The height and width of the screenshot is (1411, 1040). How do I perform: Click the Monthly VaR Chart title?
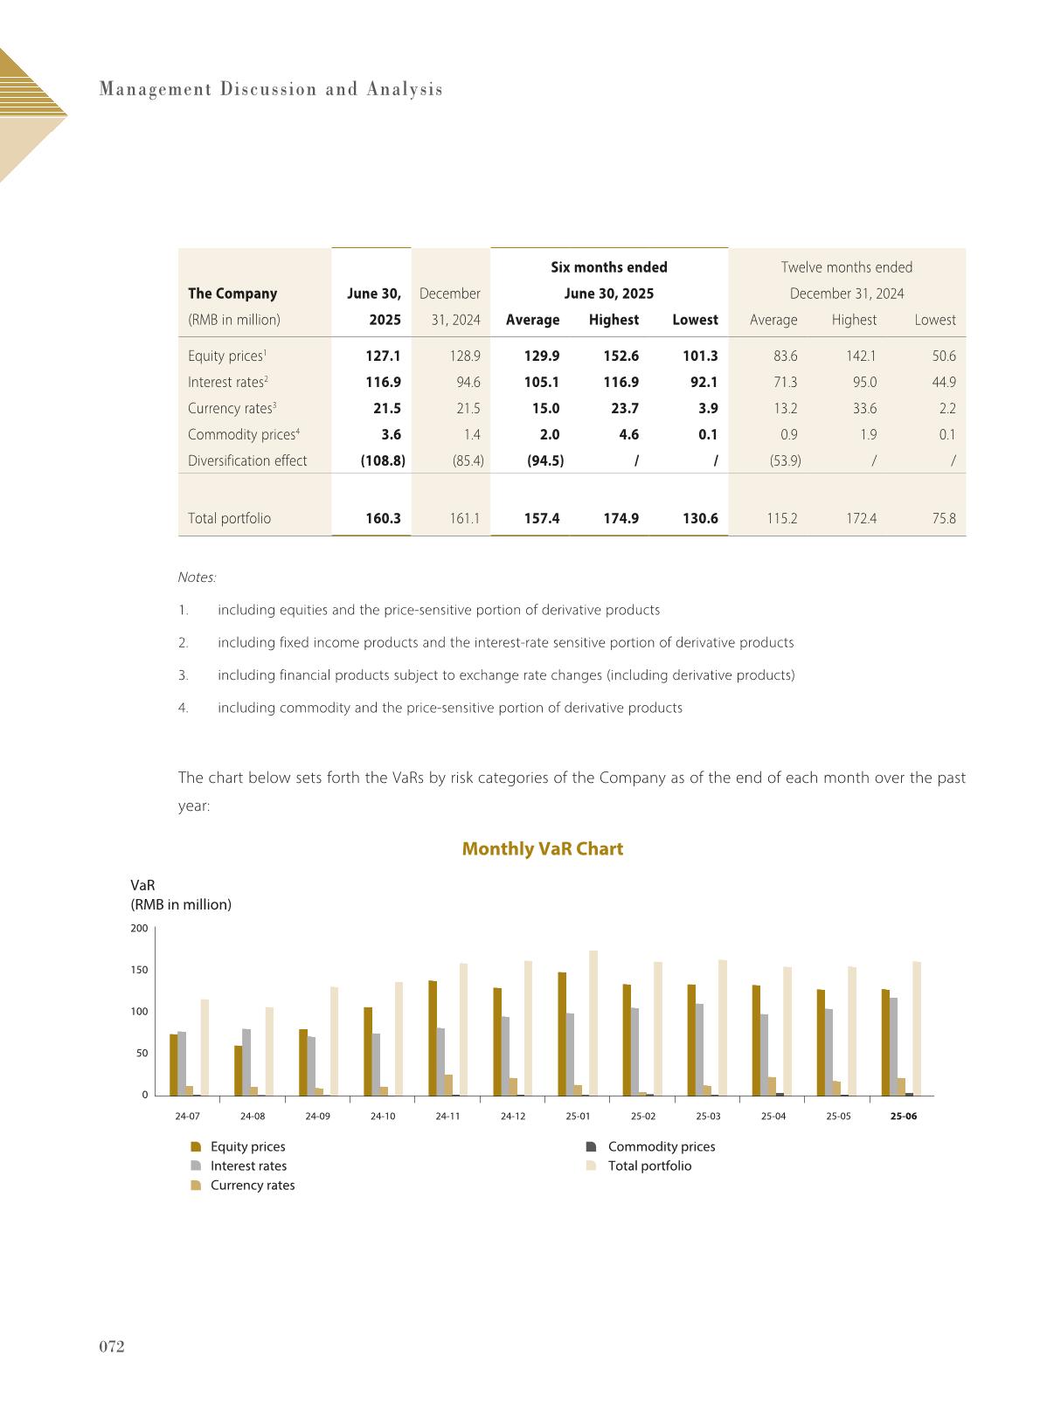tap(542, 849)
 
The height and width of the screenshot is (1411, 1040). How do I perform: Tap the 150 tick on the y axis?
tap(139, 971)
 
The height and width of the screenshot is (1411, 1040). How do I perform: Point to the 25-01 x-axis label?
tap(578, 1117)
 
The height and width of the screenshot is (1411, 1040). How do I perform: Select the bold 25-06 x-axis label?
tap(903, 1117)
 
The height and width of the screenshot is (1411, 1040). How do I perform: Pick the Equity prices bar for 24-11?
tap(433, 1038)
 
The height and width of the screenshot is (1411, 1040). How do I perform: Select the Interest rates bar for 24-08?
tap(246, 1062)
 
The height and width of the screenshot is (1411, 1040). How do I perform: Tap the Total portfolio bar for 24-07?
tap(205, 1048)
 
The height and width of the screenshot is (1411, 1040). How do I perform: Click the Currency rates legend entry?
tap(252, 1186)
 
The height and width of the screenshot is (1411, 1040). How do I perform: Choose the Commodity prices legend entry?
tap(661, 1147)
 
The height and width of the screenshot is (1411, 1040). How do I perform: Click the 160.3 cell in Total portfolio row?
tap(383, 519)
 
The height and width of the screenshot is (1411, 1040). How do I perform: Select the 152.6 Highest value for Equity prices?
tap(621, 356)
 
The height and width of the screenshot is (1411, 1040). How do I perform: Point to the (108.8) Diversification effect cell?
tap(383, 461)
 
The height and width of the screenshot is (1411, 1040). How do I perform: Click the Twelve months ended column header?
tap(846, 267)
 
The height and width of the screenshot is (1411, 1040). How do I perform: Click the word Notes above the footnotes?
tap(197, 578)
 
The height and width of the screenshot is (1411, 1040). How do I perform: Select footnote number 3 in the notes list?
tap(183, 675)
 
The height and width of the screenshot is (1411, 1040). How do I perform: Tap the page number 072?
tap(111, 1347)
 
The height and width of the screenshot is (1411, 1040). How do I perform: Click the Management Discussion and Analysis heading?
tap(271, 89)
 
